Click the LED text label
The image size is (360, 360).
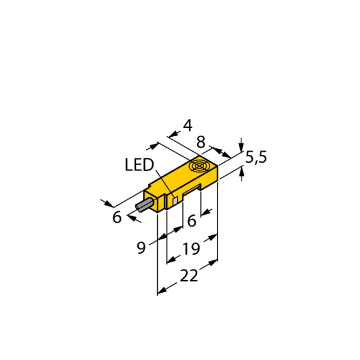click(x=139, y=164)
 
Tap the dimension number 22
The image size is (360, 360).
click(x=189, y=275)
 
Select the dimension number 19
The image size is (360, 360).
click(x=191, y=248)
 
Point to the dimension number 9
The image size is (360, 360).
click(x=141, y=248)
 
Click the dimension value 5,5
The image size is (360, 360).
click(x=256, y=158)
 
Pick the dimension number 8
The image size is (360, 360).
click(x=200, y=142)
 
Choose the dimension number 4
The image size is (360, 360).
click(x=188, y=125)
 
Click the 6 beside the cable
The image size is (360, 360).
click(x=117, y=217)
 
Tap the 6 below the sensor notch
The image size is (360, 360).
click(x=192, y=221)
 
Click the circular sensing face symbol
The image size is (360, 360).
click(x=199, y=166)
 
